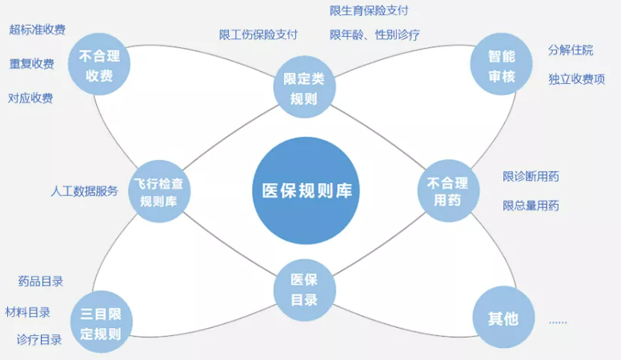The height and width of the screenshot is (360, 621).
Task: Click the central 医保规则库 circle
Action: pyautogui.click(x=306, y=190)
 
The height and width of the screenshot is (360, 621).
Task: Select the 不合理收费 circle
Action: pyautogui.click(x=99, y=64)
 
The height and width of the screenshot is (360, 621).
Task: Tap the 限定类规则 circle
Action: pyautogui.click(x=305, y=87)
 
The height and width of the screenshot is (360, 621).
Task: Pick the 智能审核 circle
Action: pyautogui.click(x=502, y=64)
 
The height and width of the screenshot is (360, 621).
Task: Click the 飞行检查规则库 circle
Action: pyautogui.click(x=159, y=191)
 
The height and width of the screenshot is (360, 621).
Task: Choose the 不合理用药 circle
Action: pyautogui.click(x=448, y=191)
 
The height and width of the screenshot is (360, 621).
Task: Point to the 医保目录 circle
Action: pyautogui.click(x=305, y=290)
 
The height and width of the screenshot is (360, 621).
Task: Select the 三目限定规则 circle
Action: pyautogui.click(x=102, y=322)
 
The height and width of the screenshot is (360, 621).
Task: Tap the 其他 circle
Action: pyautogui.click(x=504, y=318)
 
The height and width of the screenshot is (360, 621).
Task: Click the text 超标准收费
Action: pyautogui.click(x=38, y=30)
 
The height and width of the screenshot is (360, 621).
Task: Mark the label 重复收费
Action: pyautogui.click(x=32, y=63)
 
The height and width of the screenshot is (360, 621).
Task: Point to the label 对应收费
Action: pyautogui.click(x=30, y=98)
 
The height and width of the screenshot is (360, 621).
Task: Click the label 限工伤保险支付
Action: pyautogui.click(x=258, y=35)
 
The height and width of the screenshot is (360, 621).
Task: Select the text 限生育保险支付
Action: pyautogui.click(x=369, y=10)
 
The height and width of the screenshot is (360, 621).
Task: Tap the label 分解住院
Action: pyautogui.click(x=571, y=50)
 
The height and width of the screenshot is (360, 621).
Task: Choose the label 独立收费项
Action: pyautogui.click(x=577, y=79)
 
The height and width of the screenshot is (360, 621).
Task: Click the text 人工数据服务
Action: pyautogui.click(x=84, y=191)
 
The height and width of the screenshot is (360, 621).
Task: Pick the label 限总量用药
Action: pyautogui.click(x=531, y=206)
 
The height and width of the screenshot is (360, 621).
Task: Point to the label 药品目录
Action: pyautogui.click(x=40, y=282)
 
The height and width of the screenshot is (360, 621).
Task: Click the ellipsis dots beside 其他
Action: pyautogui.click(x=558, y=322)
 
